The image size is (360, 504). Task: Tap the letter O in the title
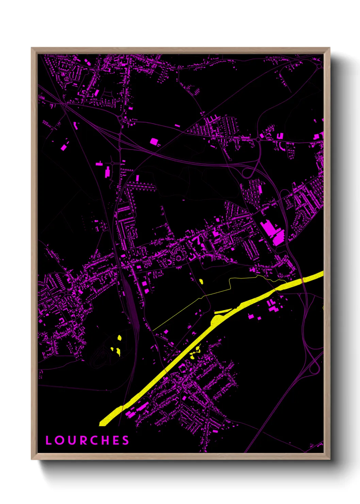(x=60, y=440)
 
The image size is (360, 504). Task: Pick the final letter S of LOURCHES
(x=126, y=440)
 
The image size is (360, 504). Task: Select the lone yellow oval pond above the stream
(x=201, y=281)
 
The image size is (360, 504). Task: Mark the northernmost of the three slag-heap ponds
(x=119, y=337)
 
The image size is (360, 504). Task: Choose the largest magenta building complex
(x=272, y=232)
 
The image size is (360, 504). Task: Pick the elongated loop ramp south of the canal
(x=314, y=364)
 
